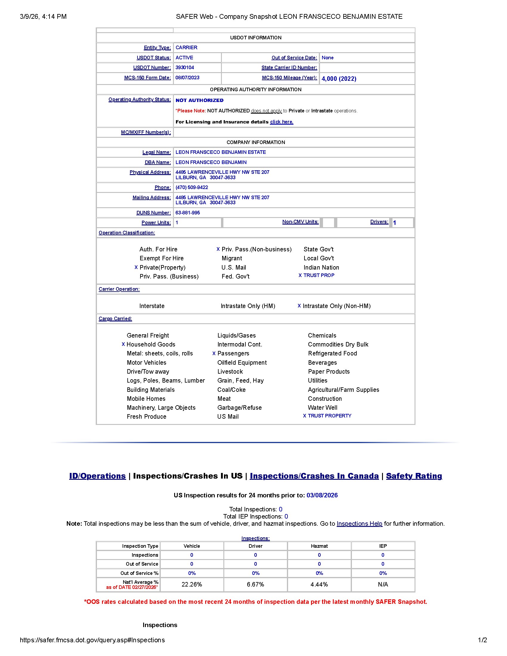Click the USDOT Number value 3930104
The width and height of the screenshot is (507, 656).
(185, 68)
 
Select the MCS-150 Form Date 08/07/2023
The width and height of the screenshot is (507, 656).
(187, 78)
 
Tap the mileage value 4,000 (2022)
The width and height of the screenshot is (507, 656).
(339, 79)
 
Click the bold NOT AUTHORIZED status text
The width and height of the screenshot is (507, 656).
(200, 100)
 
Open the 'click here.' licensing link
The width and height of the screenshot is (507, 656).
(282, 122)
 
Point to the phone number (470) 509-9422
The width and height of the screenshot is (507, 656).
(192, 188)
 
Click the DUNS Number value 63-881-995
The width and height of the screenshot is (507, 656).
(188, 213)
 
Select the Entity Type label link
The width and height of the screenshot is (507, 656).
(157, 47)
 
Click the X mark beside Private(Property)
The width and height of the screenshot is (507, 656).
(136, 267)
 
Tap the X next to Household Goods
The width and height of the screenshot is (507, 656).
(123, 344)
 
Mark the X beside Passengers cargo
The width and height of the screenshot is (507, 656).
(214, 353)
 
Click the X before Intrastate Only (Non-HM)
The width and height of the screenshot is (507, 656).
(299, 306)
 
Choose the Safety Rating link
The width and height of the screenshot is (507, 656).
(414, 476)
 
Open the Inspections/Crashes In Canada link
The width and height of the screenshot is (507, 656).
(314, 476)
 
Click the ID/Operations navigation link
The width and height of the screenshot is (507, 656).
(97, 476)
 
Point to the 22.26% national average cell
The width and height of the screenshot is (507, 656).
(192, 584)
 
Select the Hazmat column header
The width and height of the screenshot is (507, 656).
(319, 546)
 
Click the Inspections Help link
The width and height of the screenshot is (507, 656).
(359, 524)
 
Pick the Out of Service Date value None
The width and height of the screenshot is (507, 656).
(327, 58)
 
